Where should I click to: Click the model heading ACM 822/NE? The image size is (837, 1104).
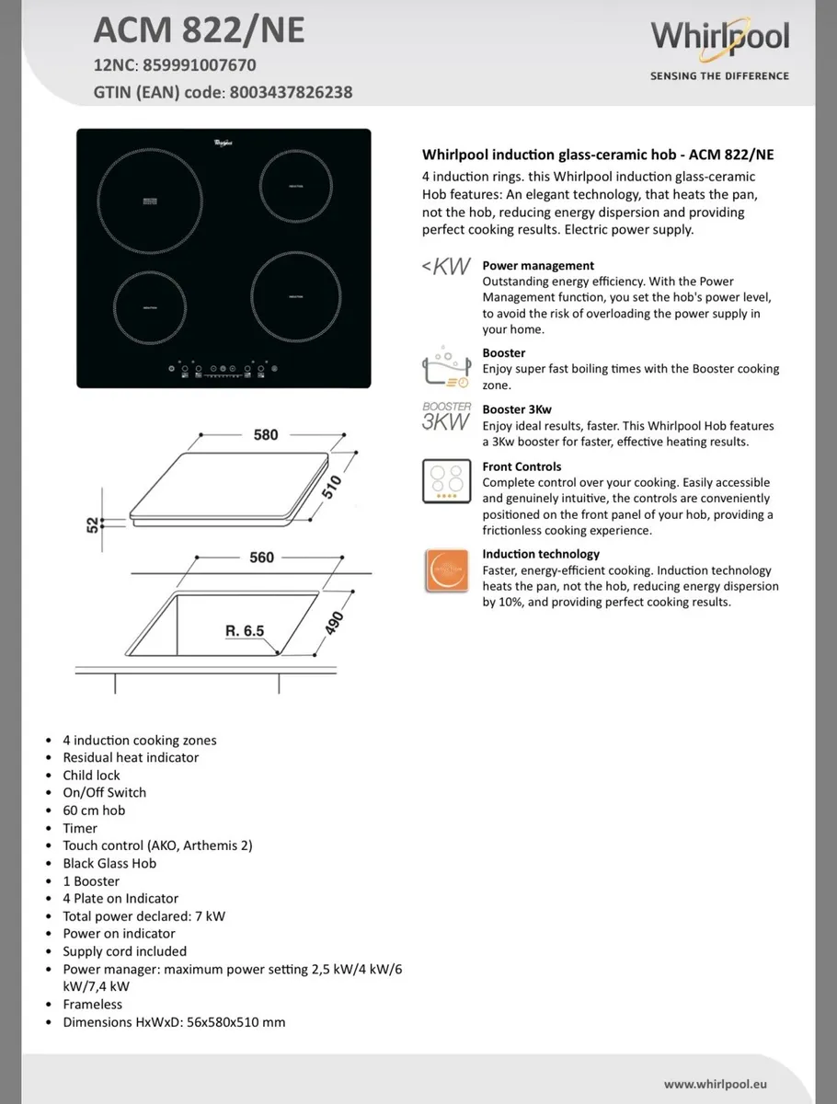(199, 31)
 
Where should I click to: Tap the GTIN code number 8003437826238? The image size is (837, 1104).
(290, 92)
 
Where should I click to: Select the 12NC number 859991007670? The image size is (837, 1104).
(200, 65)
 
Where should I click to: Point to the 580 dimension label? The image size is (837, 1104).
(265, 434)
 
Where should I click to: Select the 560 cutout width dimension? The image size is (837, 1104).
(262, 558)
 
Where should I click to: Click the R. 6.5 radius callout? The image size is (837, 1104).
(245, 631)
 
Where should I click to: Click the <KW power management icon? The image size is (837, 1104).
(446, 268)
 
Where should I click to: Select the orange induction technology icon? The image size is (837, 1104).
(446, 570)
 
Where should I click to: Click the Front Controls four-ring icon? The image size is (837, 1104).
(446, 481)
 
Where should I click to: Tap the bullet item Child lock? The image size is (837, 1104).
(91, 775)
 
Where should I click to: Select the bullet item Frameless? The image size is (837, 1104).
(92, 1005)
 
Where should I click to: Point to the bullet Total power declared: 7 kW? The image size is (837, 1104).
(143, 916)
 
